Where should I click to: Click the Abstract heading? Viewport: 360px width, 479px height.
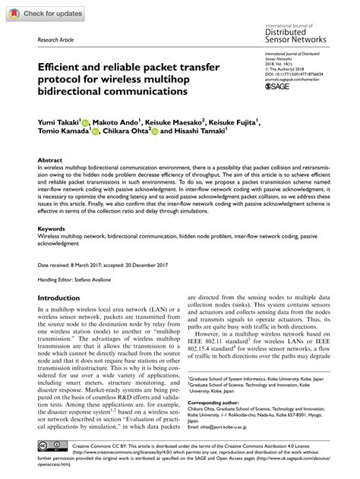(50, 160)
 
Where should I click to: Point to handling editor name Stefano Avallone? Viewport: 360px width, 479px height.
(97, 278)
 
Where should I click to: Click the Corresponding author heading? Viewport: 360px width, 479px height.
(217, 399)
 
